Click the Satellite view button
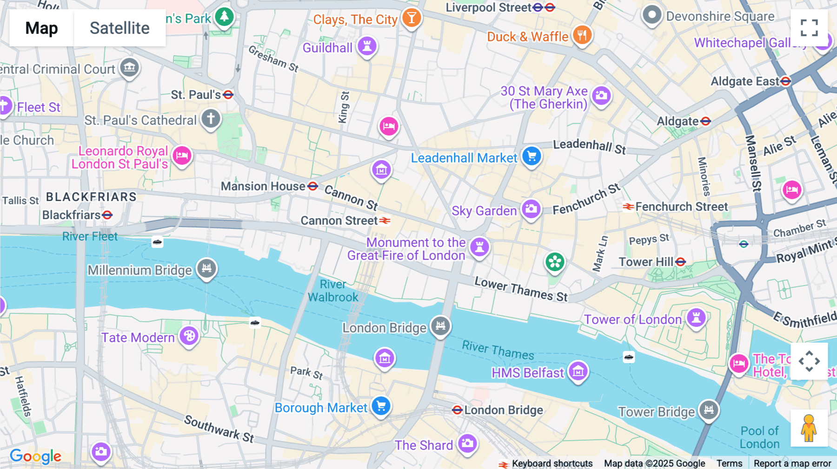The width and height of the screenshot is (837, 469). pos(120,28)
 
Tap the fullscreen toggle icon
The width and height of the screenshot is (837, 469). pos(809,28)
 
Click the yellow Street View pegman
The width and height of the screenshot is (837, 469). pos(809,428)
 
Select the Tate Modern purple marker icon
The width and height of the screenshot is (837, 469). pos(189,335)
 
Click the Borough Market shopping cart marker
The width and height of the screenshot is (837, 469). pos(381,406)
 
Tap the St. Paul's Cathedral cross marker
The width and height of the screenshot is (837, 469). pos(211,119)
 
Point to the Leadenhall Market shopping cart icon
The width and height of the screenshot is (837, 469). pos(531,156)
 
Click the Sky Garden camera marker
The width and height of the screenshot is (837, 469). pos(531,209)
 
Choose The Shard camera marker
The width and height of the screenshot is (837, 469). pos(467,443)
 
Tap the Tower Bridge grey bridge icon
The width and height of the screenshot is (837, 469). pos(709,410)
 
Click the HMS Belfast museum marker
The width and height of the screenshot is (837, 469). pos(578,371)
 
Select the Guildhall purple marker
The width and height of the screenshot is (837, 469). pos(367,46)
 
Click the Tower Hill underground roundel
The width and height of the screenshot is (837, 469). pos(681,262)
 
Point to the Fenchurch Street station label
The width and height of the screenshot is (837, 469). pos(681,207)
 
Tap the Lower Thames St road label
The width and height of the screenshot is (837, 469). pos(521,289)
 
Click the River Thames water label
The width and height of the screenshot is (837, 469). pos(498,350)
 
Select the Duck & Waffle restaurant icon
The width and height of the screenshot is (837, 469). pos(582,35)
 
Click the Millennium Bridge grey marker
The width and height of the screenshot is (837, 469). pos(206,268)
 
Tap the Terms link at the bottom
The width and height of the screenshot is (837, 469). pos(729,463)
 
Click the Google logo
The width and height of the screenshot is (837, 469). pos(35,456)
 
